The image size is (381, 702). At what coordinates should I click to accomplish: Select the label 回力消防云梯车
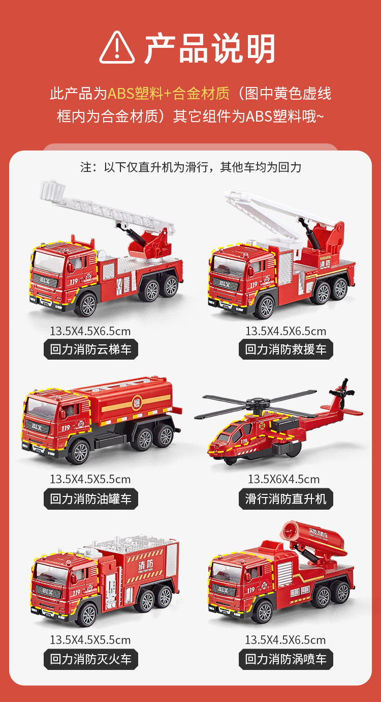click(91, 349)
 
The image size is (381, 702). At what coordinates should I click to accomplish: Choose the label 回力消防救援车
click(286, 349)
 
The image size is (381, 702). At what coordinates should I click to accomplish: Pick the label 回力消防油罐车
click(91, 499)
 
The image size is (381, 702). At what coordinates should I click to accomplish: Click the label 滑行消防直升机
click(286, 499)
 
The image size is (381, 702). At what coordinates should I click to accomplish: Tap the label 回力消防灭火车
click(91, 659)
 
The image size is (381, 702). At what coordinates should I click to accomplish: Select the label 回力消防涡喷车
click(286, 659)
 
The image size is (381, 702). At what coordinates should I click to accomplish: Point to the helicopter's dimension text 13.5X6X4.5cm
click(283, 479)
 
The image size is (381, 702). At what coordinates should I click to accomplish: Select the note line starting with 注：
click(190, 167)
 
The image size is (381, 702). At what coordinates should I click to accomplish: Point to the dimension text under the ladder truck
click(90, 332)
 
